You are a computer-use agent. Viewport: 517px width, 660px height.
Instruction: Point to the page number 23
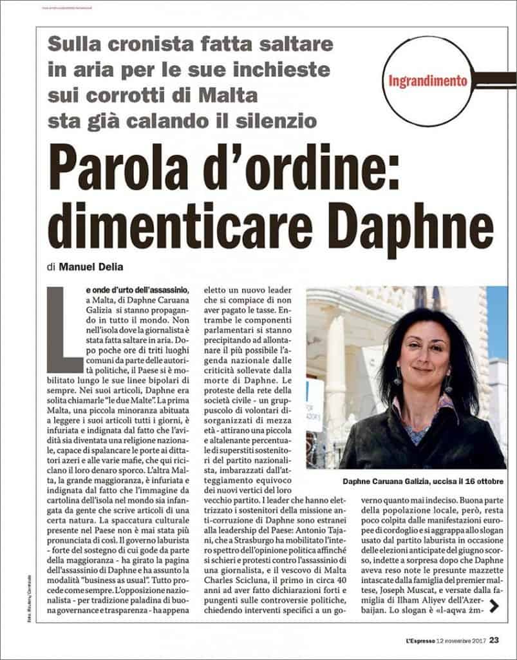[494, 640]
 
